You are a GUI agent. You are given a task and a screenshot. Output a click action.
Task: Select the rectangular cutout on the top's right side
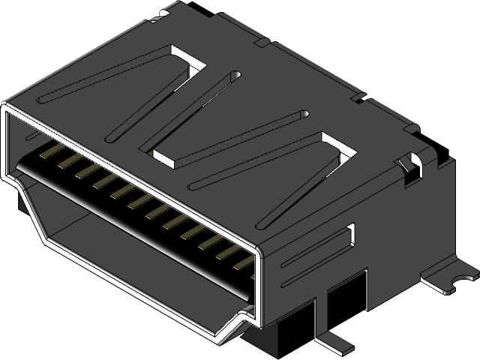coord(336,145)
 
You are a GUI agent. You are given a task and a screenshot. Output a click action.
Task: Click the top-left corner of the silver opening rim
coord(6,109)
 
